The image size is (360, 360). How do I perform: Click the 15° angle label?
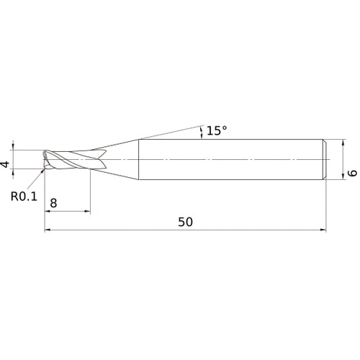[x=216, y=130]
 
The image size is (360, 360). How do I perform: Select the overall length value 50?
[x=185, y=222]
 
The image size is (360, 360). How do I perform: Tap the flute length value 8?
[x=53, y=204]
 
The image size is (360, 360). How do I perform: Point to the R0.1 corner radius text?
[x=24, y=194]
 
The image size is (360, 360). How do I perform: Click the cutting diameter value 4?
[x=6, y=165]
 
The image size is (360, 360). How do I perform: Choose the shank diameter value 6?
[x=352, y=174]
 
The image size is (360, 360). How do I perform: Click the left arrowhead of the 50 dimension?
[x=48, y=230]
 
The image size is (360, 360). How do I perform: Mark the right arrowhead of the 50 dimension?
[x=325, y=230]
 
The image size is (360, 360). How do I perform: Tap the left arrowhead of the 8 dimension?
[x=48, y=212]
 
